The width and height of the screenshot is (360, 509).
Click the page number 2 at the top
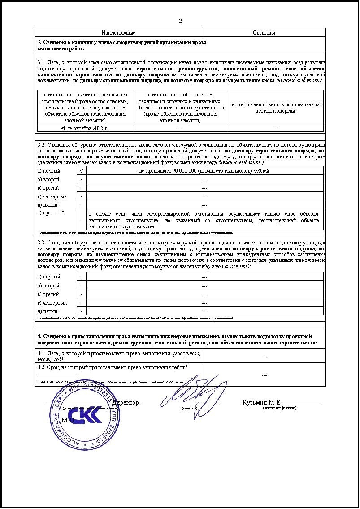[x=180, y=21]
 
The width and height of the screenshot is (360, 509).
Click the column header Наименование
[x=118, y=33]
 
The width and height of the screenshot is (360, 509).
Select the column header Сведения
[x=264, y=33]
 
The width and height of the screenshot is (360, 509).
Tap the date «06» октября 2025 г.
[x=85, y=128]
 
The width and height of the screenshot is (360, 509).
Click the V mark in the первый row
[x=81, y=171]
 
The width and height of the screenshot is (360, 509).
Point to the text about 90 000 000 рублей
[x=204, y=171]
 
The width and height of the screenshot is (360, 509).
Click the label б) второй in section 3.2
[x=48, y=179]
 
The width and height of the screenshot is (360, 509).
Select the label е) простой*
[x=51, y=212]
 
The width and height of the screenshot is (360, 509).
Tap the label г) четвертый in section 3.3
[x=52, y=303]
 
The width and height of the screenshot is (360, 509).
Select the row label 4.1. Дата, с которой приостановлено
[x=119, y=356]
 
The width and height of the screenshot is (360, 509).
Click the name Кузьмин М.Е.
[x=262, y=402]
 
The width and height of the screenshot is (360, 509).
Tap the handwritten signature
[x=192, y=391]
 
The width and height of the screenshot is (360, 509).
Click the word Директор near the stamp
[x=127, y=402]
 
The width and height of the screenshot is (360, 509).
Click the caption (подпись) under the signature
[x=189, y=408]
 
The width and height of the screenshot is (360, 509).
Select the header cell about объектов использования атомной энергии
[x=275, y=107]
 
